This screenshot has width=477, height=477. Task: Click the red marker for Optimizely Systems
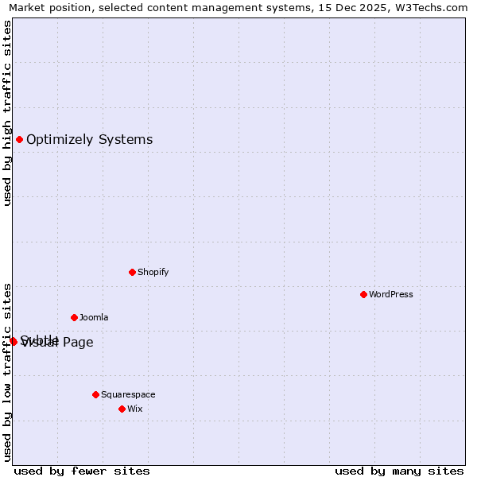(x=19, y=140)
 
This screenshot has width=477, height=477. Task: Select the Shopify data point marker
(x=132, y=272)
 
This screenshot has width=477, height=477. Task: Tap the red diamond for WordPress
(x=363, y=294)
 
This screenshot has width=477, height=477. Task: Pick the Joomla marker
(x=74, y=317)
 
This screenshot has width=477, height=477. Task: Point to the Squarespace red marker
(x=95, y=394)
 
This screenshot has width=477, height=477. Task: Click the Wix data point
(x=122, y=409)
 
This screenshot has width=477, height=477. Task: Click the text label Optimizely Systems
(x=89, y=140)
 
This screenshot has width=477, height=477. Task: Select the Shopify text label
(x=153, y=272)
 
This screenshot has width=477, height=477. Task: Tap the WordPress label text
(x=390, y=294)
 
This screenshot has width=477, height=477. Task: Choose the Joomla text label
(x=94, y=317)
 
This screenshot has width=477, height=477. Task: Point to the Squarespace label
(x=128, y=394)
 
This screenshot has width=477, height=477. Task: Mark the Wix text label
(x=134, y=409)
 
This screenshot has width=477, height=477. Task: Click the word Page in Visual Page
(x=79, y=343)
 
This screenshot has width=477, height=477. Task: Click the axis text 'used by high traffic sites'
(x=7, y=113)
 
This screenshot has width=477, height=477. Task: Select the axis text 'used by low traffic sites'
(x=7, y=372)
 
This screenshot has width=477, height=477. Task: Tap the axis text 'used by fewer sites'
(x=82, y=471)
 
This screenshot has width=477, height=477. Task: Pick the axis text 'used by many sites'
(x=399, y=471)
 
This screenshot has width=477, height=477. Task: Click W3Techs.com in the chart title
(x=433, y=8)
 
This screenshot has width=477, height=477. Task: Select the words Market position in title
(x=46, y=8)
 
